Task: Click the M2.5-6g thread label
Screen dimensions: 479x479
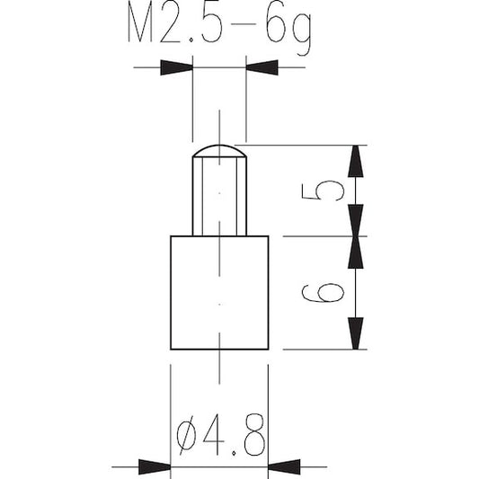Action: pos(219,28)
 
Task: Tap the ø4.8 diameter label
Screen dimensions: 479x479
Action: pos(220,434)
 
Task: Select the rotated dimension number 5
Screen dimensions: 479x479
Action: pos(323,191)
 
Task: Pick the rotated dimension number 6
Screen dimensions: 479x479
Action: pos(323,292)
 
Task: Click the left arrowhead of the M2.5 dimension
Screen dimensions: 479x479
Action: pos(176,67)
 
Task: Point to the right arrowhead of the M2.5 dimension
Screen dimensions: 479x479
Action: pos(262,67)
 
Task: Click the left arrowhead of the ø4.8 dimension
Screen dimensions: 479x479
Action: pos(155,466)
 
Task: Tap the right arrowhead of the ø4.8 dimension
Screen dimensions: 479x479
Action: pos(284,466)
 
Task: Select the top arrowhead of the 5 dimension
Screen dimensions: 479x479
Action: pos(356,161)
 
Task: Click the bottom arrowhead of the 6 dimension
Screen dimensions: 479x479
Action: pos(356,333)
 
